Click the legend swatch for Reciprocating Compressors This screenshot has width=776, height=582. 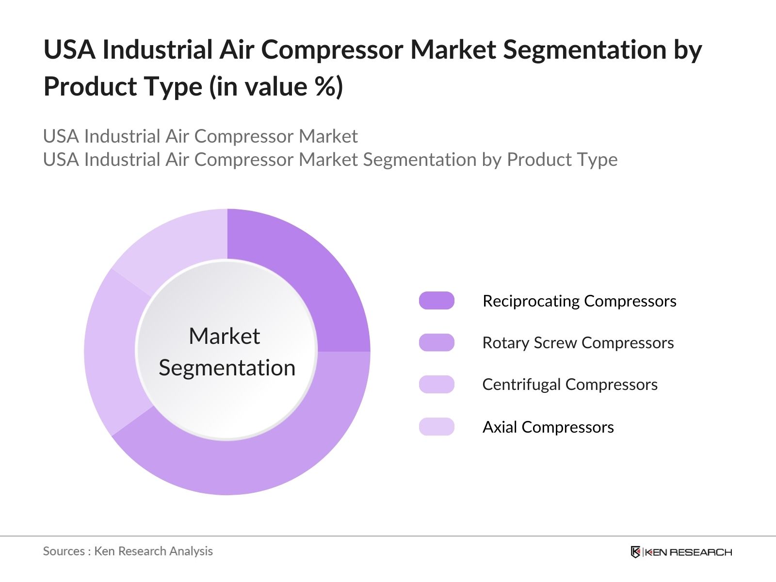436,300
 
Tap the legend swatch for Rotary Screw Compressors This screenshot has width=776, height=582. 436,342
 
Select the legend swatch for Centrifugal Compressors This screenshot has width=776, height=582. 436,384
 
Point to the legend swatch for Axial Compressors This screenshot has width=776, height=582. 436,426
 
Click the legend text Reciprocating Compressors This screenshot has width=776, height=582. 580,301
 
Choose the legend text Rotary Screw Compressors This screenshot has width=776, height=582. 578,343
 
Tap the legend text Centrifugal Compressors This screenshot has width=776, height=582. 570,385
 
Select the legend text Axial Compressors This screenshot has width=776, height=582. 548,427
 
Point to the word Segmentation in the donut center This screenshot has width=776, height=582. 227,369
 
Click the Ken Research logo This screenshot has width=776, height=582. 681,552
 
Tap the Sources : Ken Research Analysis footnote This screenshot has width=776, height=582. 128,551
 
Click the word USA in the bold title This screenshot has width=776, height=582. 69,49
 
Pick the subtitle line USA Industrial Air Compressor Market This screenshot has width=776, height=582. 200,136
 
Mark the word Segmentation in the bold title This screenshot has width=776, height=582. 585,50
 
